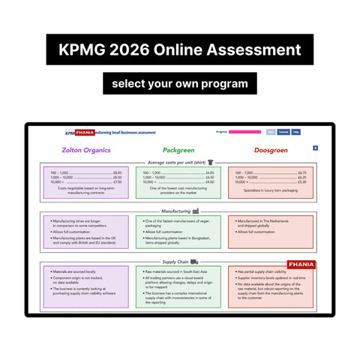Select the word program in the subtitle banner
(x=222, y=82)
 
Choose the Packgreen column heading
(x=178, y=150)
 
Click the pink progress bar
(x=244, y=132)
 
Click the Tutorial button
(x=283, y=132)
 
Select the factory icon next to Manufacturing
(x=196, y=211)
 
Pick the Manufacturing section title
(x=175, y=211)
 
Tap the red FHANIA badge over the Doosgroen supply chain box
(x=300, y=265)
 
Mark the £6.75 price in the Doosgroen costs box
(x=301, y=172)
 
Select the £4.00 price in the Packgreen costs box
(x=209, y=182)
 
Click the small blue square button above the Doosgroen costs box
(x=315, y=148)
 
